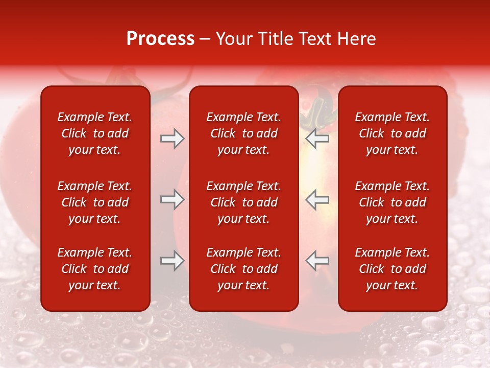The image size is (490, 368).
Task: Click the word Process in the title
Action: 160,39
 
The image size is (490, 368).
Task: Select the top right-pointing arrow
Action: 172,139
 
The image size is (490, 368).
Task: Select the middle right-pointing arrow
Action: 172,199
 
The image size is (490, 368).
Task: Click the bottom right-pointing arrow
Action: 172,261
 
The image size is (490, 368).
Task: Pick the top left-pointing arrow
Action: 317,139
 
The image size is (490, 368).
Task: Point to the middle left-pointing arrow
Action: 317,199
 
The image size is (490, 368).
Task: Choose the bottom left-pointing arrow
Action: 317,261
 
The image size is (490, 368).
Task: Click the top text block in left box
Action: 95,133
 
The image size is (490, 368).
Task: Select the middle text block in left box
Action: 95,202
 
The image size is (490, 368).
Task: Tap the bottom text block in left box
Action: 95,269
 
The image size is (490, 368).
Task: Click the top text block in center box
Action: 243,133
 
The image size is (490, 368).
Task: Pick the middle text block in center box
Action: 243,202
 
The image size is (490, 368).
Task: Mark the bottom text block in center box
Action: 243,269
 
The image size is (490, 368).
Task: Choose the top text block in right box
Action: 392,133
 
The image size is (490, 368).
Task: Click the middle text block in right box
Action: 392,202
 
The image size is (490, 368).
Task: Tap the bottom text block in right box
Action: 392,269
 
